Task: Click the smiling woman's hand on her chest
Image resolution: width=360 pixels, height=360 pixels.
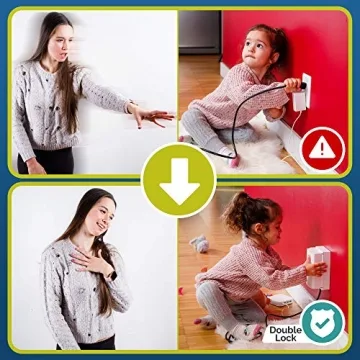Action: [93, 267]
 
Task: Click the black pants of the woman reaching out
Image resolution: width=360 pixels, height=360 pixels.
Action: [45, 160]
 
